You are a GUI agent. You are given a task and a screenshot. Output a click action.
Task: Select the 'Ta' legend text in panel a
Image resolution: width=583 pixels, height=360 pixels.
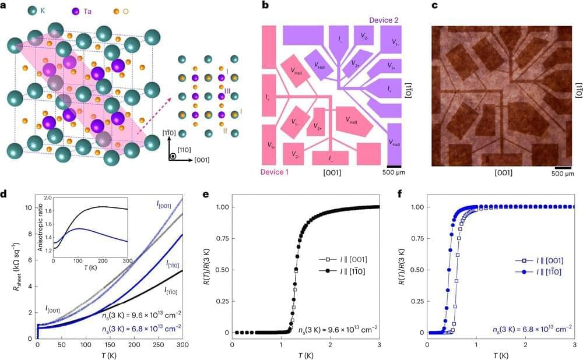point(85,11)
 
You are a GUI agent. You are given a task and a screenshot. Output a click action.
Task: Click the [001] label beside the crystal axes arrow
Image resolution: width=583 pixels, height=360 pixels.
point(202,160)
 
